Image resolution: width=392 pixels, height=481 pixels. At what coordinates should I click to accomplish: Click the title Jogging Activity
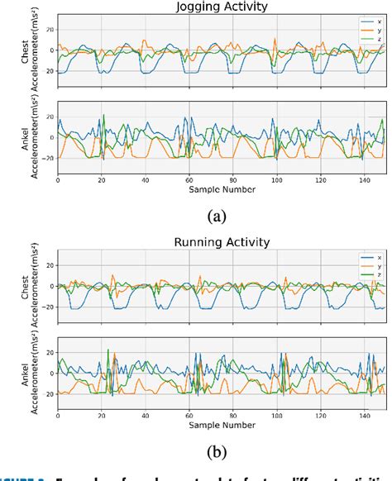click(x=222, y=7)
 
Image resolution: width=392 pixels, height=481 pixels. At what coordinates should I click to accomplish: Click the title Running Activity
click(x=222, y=244)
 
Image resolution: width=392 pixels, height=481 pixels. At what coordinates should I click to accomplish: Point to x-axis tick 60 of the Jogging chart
click(x=189, y=179)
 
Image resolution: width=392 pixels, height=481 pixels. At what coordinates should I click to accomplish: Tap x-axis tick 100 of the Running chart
click(x=277, y=417)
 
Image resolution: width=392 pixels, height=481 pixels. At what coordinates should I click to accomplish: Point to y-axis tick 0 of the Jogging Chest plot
click(x=50, y=50)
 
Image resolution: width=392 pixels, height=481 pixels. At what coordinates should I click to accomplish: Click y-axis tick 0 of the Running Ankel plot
click(x=50, y=374)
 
